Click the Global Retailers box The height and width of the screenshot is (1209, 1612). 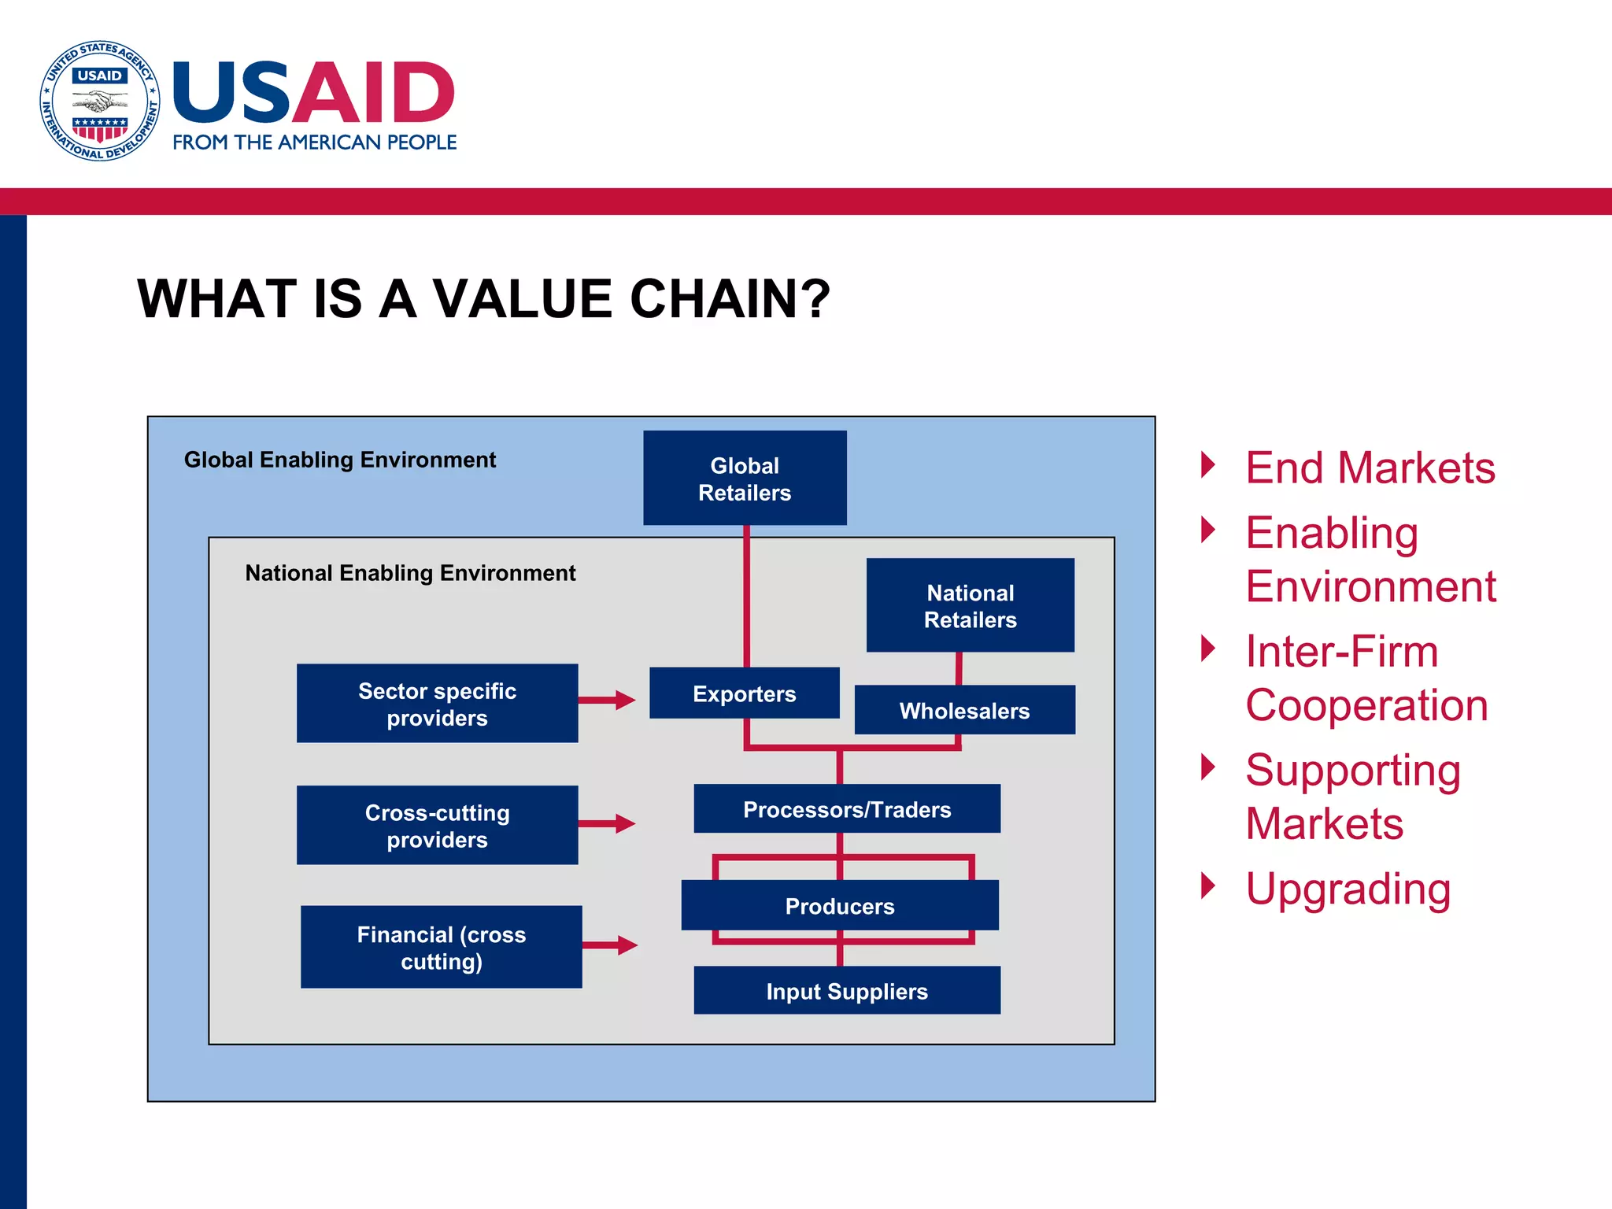pyautogui.click(x=745, y=478)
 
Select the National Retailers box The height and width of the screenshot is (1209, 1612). pyautogui.click(x=970, y=605)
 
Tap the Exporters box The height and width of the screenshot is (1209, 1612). pyautogui.click(x=744, y=693)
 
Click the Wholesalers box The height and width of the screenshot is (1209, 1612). pyautogui.click(x=964, y=710)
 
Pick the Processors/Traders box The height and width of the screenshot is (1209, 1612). pyautogui.click(x=847, y=808)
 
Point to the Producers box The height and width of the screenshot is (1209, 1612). pyautogui.click(x=839, y=905)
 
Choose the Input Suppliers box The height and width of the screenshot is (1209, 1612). pyautogui.click(x=847, y=990)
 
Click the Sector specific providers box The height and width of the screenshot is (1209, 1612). pyautogui.click(x=437, y=704)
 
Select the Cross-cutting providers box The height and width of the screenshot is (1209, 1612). pyautogui.click(x=437, y=825)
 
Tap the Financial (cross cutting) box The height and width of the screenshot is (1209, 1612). pyautogui.click(x=441, y=947)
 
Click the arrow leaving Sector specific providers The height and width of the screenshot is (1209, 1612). pyautogui.click(x=607, y=700)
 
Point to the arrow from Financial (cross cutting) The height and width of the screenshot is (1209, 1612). pyautogui.click(x=610, y=945)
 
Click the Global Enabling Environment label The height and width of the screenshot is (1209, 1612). pyautogui.click(x=339, y=460)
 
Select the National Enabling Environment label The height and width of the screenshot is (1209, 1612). pyautogui.click(x=410, y=573)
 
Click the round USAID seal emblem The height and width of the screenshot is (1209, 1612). pyautogui.click(x=100, y=101)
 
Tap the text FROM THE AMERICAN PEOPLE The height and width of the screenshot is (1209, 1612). pyautogui.click(x=314, y=142)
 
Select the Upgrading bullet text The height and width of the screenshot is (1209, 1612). pyautogui.click(x=1348, y=889)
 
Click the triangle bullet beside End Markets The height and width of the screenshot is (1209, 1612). pyautogui.click(x=1208, y=465)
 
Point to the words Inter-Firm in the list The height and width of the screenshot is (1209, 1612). pyautogui.click(x=1341, y=652)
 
